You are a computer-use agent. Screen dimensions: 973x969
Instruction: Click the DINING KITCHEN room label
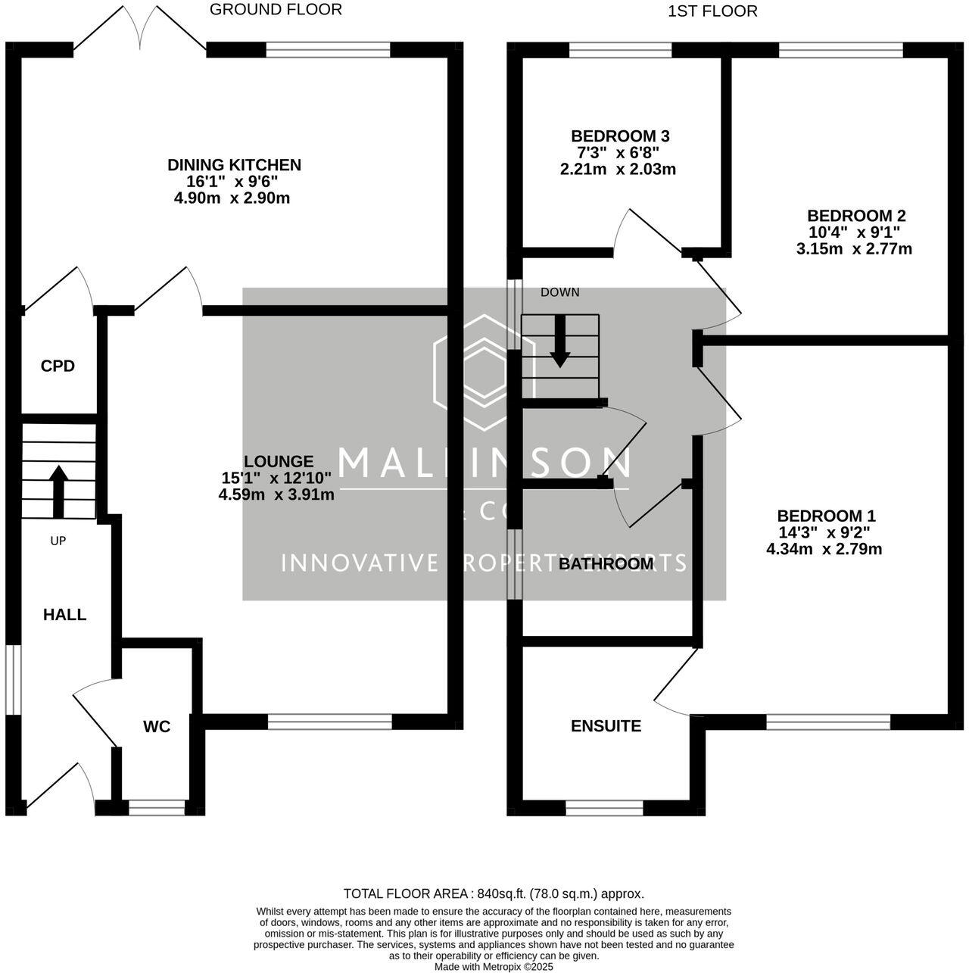coord(234,165)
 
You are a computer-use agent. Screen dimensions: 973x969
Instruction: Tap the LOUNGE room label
coord(278,461)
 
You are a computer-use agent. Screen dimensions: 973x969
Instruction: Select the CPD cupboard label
coord(58,366)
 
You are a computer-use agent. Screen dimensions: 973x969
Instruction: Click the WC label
coord(157,727)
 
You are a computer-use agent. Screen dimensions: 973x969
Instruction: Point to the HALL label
coord(64,615)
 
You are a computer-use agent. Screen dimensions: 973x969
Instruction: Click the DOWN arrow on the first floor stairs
coord(559,340)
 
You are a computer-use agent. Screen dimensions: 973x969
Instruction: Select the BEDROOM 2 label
coord(855,216)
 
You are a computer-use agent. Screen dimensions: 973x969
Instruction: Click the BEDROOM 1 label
coord(826,516)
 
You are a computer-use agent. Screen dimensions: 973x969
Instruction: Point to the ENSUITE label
coord(606,726)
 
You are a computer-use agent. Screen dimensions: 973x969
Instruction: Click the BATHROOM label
coord(606,564)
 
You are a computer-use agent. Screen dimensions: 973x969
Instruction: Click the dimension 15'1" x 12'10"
coord(276,478)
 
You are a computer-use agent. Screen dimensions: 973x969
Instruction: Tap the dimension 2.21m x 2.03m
coord(618,170)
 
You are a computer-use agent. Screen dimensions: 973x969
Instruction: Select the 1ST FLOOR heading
coord(712,11)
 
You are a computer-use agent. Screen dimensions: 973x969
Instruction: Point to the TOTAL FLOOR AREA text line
coord(494,893)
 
